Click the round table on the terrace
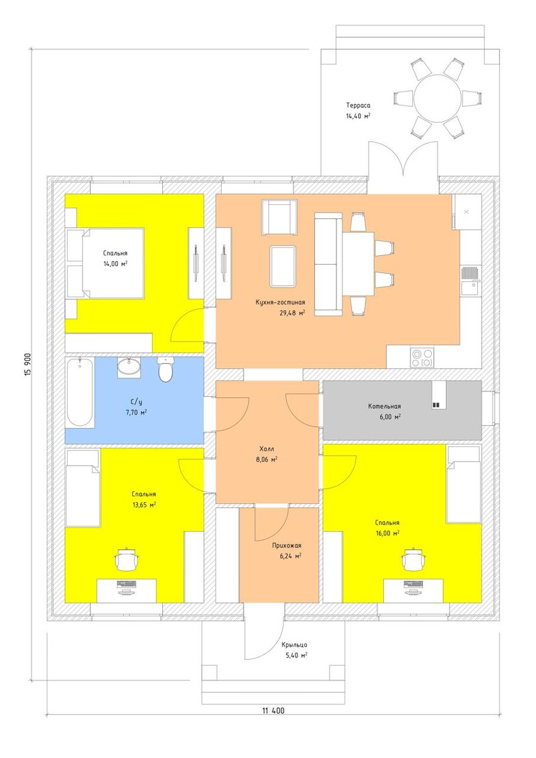point(437,97)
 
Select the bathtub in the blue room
point(80,392)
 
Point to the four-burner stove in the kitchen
point(422,357)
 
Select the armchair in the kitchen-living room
point(279,217)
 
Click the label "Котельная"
point(384,406)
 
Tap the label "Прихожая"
point(287,546)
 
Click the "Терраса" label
point(358,105)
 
